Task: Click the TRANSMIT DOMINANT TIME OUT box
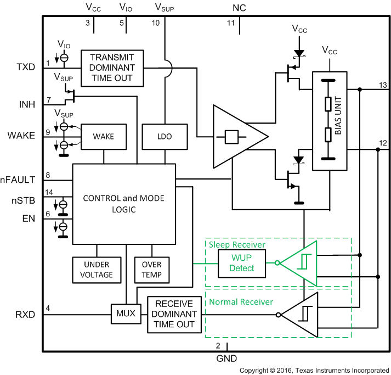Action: tap(111, 68)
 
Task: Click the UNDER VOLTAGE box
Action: tap(96, 270)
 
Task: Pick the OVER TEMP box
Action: tap(151, 270)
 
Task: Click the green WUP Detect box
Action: tap(242, 263)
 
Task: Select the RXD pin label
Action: tap(26, 315)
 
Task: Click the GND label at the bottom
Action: tap(226, 358)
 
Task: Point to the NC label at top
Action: tap(239, 8)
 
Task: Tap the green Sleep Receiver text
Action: tap(236, 244)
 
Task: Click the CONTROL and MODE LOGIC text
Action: tap(123, 203)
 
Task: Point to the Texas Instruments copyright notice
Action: tap(314, 371)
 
